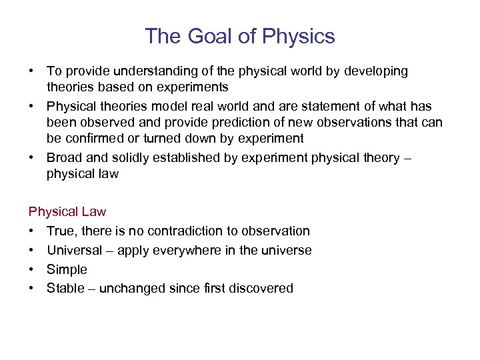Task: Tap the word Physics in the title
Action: tap(298, 36)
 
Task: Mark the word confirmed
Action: tap(93, 138)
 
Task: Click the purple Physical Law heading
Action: tap(67, 211)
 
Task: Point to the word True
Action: tap(61, 231)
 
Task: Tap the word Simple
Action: tap(67, 269)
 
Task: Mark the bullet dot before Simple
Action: tap(33, 269)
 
